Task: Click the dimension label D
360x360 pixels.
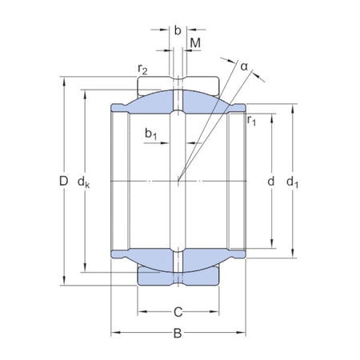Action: (x=64, y=182)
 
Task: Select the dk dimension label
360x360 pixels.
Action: (x=83, y=183)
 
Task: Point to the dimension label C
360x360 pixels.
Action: (x=178, y=311)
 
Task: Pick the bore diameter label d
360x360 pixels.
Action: (x=270, y=183)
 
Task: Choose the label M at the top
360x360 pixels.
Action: (x=195, y=42)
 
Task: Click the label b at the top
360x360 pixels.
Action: (x=178, y=30)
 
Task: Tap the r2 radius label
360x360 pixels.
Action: (x=143, y=71)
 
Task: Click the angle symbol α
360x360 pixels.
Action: (x=244, y=66)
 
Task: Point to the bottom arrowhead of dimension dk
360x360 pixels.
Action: (x=83, y=271)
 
